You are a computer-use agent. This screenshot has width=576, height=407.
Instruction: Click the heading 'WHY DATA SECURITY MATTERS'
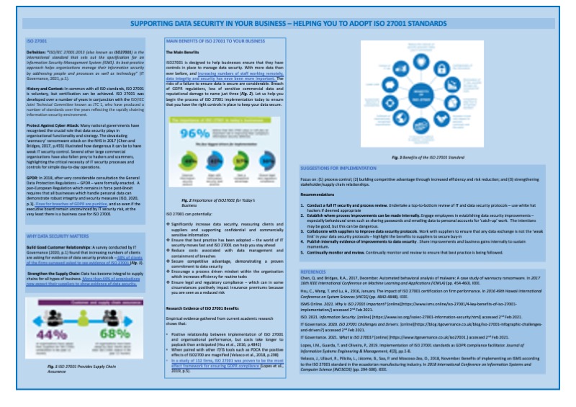pyautogui.click(x=58, y=236)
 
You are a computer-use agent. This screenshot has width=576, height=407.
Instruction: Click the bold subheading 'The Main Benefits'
pyautogui.click(x=181, y=53)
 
